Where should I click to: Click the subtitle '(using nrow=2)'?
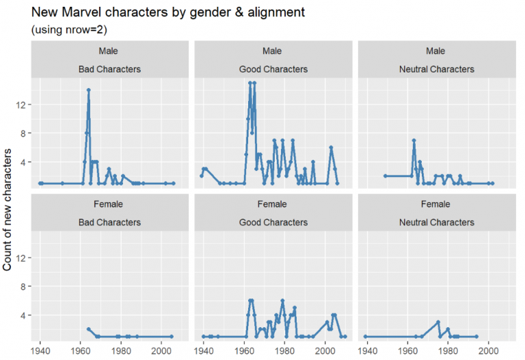(69, 30)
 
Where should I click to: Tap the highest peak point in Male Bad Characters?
(89, 90)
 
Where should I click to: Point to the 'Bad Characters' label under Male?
(109, 69)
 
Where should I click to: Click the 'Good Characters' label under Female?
(273, 222)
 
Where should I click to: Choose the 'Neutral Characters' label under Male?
(435, 69)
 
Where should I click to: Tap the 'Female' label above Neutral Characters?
(435, 204)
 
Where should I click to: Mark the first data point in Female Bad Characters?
(89, 329)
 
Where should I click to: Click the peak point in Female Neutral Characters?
(438, 322)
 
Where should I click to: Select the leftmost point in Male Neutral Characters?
(386, 176)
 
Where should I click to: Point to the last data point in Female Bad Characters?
(172, 336)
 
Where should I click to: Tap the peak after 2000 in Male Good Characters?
(331, 148)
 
